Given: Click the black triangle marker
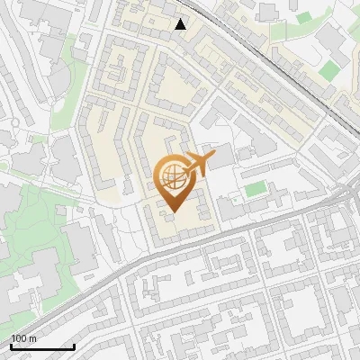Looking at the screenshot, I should tap(181, 24).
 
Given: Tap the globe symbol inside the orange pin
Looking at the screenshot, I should tap(172, 174).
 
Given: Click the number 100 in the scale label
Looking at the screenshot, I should tap(18, 338).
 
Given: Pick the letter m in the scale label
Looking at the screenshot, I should tap(32, 338).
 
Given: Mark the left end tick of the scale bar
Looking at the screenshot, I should tap(11, 346).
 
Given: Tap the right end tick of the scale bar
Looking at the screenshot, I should tap(74, 346).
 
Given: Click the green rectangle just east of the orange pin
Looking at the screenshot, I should tap(256, 189).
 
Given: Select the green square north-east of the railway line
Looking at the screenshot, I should tap(329, 68).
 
